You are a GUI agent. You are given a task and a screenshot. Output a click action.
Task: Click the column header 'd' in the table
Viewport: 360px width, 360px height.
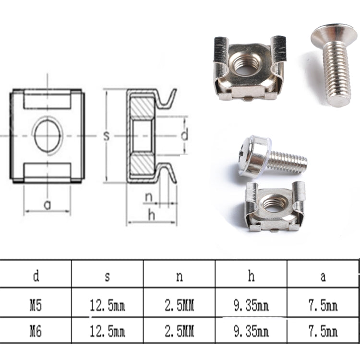pyautogui.click(x=36, y=276)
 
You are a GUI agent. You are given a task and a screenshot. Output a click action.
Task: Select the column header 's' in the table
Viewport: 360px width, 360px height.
pyautogui.click(x=107, y=276)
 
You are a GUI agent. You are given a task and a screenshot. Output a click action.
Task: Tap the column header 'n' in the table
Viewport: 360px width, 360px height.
pyautogui.click(x=179, y=276)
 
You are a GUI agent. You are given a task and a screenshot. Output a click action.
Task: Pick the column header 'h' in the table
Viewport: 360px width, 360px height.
pyautogui.click(x=251, y=276)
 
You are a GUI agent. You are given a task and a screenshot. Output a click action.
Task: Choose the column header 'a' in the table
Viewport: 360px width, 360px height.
pyautogui.click(x=323, y=276)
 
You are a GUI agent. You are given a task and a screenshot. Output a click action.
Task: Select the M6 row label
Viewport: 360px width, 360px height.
pyautogui.click(x=36, y=331)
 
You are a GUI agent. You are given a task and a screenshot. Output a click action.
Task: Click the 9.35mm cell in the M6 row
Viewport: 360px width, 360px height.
pyautogui.click(x=251, y=331)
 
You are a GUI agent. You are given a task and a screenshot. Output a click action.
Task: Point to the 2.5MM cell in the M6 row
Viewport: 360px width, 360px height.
pyautogui.click(x=179, y=331)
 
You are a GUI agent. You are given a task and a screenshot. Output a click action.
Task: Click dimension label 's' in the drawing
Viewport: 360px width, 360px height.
pyautogui.click(x=107, y=136)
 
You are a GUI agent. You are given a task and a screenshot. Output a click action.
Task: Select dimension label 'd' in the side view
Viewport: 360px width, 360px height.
pyautogui.click(x=184, y=136)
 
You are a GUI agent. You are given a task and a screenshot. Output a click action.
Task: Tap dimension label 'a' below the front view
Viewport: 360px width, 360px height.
pyautogui.click(x=47, y=205)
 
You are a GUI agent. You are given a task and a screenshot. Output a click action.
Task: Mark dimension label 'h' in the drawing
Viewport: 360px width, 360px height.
pyautogui.click(x=152, y=216)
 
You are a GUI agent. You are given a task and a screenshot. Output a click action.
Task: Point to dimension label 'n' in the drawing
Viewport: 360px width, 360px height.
pyautogui.click(x=149, y=197)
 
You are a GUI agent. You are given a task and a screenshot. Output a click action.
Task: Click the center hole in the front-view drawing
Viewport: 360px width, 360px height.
pyautogui.click(x=48, y=136)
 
